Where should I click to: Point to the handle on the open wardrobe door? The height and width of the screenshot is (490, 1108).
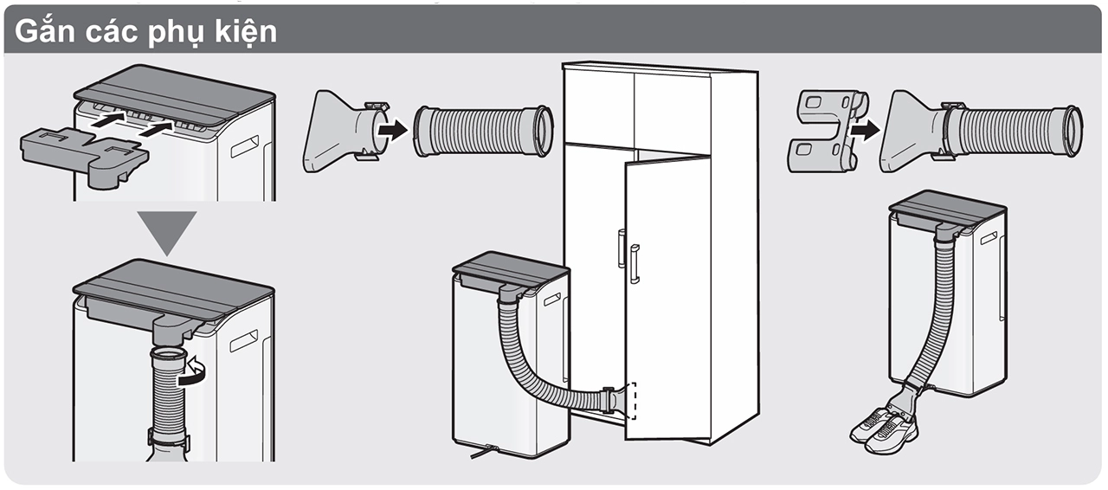pos(634,263)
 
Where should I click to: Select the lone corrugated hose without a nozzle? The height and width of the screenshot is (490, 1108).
pos(482,131)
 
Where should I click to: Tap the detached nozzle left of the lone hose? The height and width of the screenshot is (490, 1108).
pos(338,131)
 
